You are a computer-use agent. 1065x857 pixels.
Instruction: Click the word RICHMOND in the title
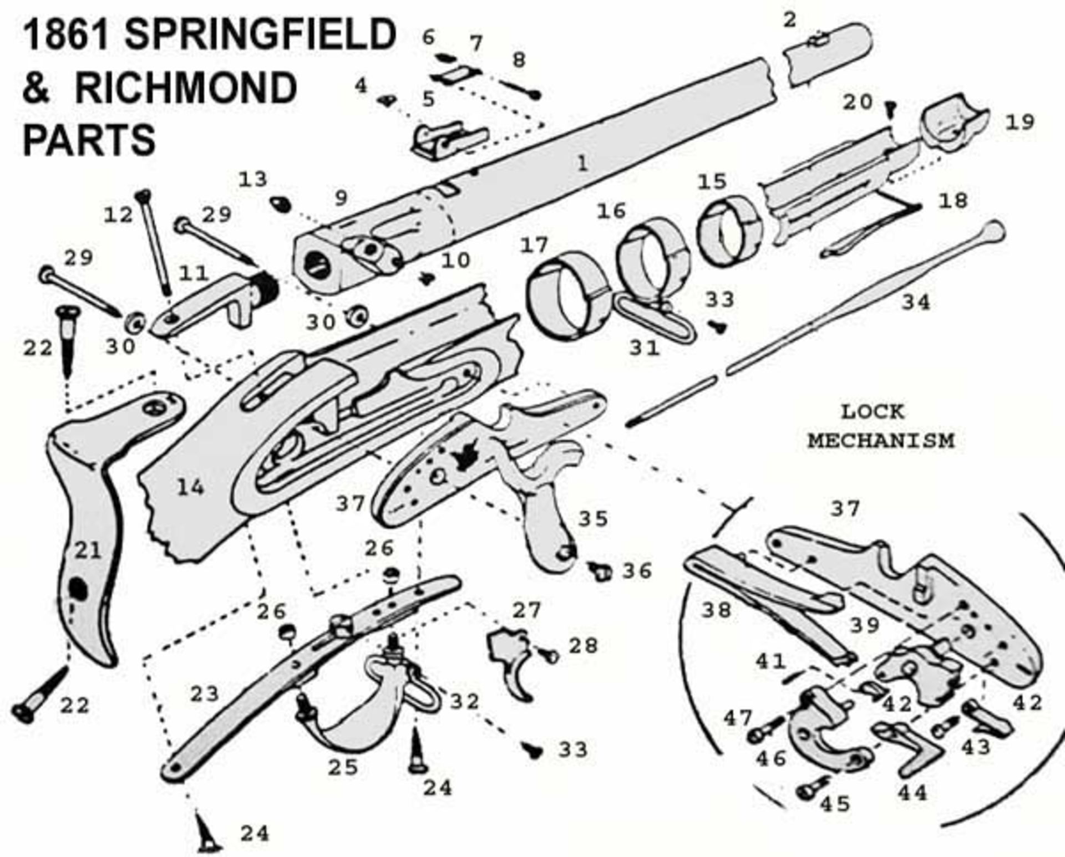coord(186,88)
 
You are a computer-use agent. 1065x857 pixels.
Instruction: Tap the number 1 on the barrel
coord(582,164)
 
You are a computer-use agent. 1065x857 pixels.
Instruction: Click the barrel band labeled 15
coord(728,233)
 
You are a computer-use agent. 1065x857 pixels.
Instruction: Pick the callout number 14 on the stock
coord(190,488)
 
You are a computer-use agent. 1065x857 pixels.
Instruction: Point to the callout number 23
coord(205,693)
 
